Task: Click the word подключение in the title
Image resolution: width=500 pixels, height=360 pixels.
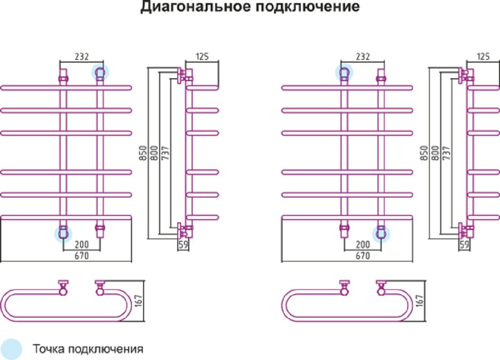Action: pos(308,7)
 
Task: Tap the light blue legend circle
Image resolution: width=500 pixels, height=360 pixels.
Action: pos(11,349)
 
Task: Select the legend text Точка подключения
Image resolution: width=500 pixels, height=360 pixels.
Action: pos(88,349)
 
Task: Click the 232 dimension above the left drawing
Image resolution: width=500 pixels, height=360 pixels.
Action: pos(81,56)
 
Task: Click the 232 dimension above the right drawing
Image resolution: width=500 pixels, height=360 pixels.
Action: pos(363,56)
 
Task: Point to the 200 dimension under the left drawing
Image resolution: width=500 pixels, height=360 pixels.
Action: pos(81,244)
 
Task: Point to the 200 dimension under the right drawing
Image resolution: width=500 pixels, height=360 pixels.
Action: pos(363,244)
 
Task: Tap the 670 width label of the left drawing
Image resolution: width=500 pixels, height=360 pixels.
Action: pos(81,256)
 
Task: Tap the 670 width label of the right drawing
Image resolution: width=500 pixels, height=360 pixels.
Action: pos(363,256)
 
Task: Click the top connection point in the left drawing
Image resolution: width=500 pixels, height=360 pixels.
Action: pos(100,73)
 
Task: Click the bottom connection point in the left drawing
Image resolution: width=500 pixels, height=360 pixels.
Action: pos(63,234)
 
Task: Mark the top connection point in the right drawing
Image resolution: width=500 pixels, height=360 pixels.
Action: pos(344,72)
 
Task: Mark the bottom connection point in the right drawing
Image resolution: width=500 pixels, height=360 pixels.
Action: pos(381,234)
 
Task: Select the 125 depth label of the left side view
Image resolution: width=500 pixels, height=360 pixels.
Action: pos(202,56)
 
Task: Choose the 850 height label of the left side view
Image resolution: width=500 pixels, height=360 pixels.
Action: pos(143,153)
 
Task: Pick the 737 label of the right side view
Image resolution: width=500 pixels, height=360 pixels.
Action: pos(447,153)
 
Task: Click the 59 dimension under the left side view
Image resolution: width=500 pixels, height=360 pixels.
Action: pos(183,244)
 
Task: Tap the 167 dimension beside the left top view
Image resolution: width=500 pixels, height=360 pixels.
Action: pos(139,301)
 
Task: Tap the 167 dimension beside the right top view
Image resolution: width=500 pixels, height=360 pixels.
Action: pos(419,301)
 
